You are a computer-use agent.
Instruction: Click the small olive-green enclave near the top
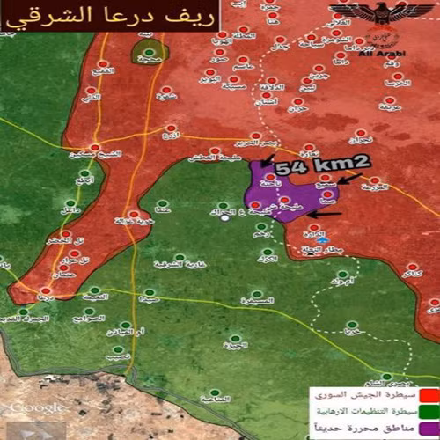click(x=149, y=52)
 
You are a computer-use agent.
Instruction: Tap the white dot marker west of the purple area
click(x=224, y=218)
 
